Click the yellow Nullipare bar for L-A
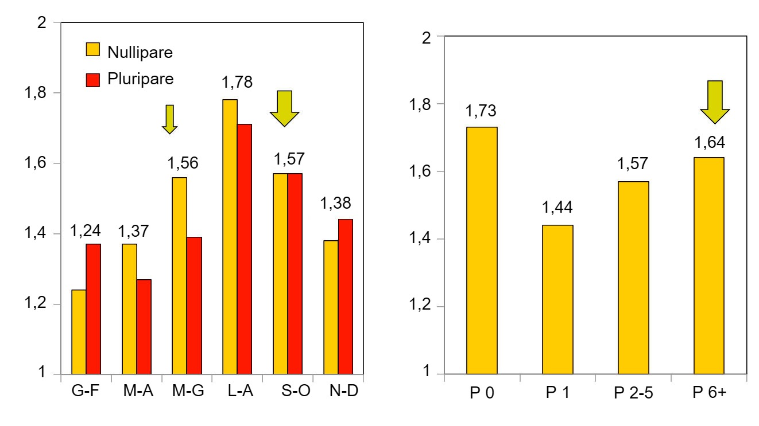click(x=230, y=237)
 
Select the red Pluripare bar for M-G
click(x=194, y=306)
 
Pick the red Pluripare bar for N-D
click(x=346, y=297)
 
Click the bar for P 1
click(x=557, y=299)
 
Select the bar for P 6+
click(x=709, y=265)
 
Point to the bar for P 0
click(x=482, y=251)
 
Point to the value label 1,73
click(x=482, y=111)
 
